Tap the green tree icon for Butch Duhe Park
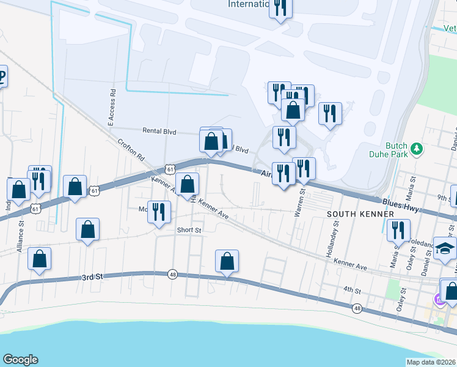coord(417,148)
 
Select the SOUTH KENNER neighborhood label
coord(354,214)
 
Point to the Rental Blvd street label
coord(159,131)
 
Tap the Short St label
coord(189,230)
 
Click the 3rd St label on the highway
coord(92,277)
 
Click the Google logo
coord(20,360)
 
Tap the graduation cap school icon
coord(445,247)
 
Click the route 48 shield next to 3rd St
coord(172,275)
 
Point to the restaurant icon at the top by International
coord(280,8)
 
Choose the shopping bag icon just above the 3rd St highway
coord(227,261)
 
